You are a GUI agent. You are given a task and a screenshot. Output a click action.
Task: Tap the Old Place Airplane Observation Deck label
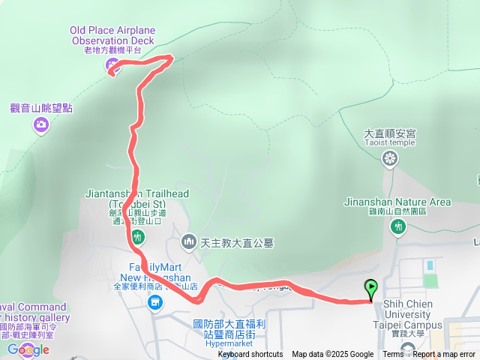[x=112, y=35]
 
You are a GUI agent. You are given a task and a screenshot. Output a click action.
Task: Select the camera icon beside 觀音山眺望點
[x=41, y=124]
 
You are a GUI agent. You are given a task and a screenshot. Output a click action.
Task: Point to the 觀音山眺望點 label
[x=41, y=108]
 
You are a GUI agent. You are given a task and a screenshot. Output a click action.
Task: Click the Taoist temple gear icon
[x=389, y=158]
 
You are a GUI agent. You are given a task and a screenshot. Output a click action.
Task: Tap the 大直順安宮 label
[x=389, y=133]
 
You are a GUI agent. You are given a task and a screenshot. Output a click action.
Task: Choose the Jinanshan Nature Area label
[x=397, y=202]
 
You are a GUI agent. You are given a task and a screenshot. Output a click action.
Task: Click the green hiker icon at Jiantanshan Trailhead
[x=136, y=238]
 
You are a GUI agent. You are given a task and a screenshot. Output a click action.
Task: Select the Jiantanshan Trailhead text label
[x=137, y=198]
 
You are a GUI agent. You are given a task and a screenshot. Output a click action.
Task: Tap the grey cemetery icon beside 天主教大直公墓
[x=187, y=241]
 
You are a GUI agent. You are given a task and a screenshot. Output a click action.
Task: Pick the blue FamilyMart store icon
[x=154, y=302]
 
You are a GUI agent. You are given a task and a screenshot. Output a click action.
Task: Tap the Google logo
[x=28, y=349]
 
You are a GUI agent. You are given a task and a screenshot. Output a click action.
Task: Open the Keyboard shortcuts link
[x=250, y=355]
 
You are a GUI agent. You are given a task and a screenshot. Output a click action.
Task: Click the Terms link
[x=393, y=355]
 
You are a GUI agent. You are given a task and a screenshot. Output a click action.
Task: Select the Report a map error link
[x=443, y=355]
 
